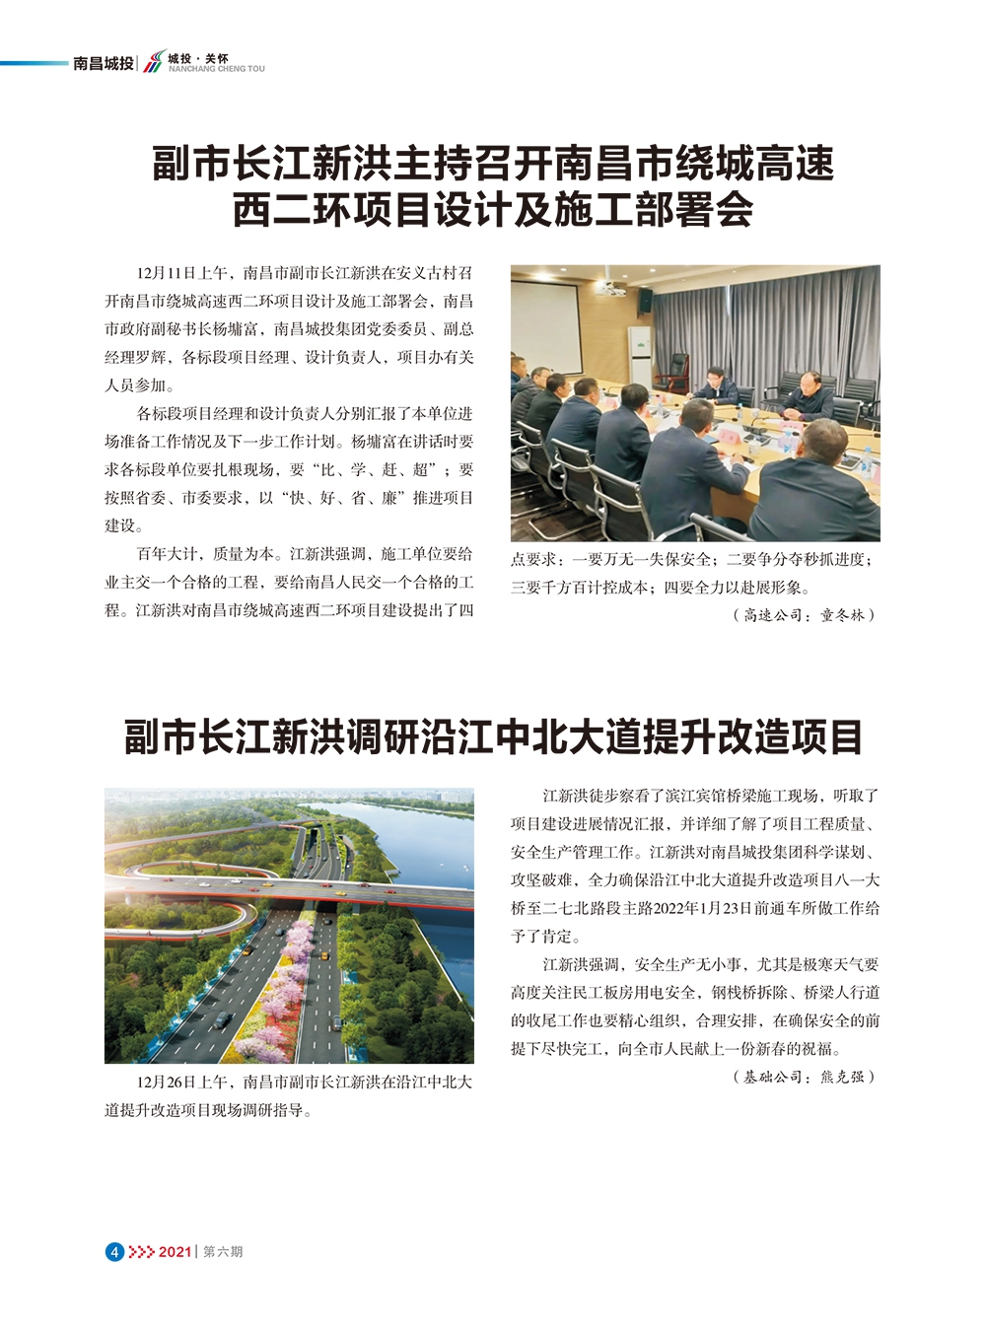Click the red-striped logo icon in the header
[x=153, y=63]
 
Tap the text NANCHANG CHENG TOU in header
[x=216, y=70]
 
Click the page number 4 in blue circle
[x=114, y=1251]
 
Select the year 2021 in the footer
[x=174, y=1251]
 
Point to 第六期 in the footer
[x=223, y=1251]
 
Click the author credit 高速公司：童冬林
[x=804, y=615]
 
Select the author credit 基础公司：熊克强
[x=804, y=1078]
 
